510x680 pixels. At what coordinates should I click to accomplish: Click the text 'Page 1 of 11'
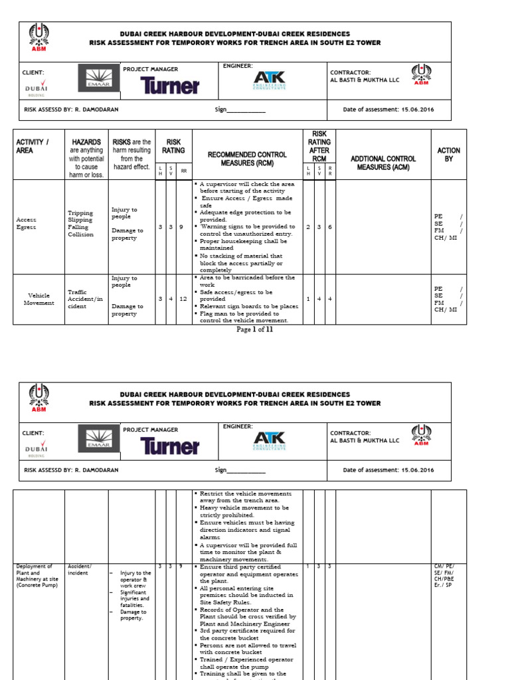254,329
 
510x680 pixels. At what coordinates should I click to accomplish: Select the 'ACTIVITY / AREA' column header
33,146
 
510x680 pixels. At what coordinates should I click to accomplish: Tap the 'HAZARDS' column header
87,142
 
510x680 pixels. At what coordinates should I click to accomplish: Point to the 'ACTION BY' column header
448,155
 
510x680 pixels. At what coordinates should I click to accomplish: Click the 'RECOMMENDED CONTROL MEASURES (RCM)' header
247,159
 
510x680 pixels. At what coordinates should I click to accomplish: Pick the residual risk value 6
330,227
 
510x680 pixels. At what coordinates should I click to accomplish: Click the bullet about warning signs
246,230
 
